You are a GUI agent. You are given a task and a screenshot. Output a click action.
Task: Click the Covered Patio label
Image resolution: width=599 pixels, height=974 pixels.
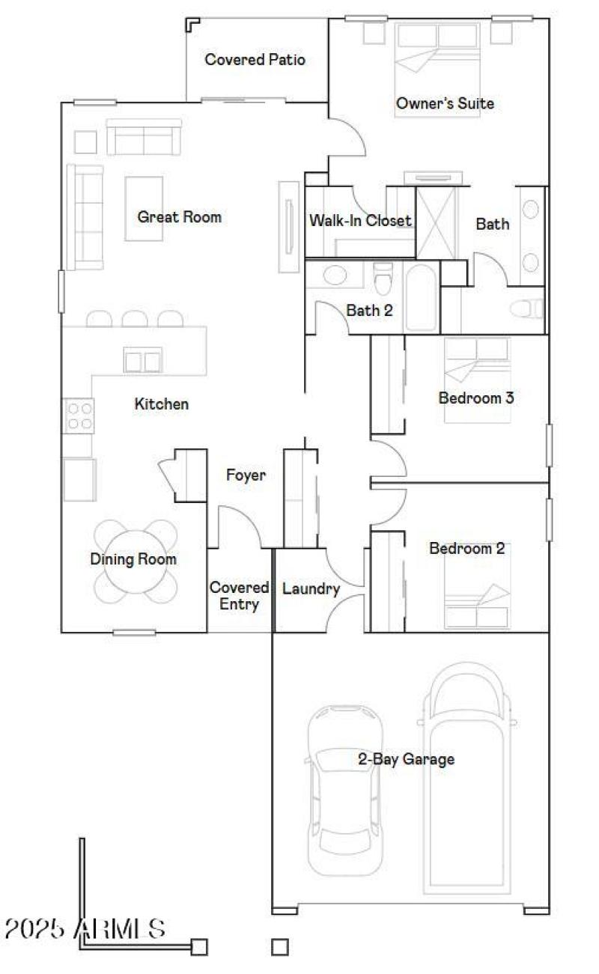[255, 60]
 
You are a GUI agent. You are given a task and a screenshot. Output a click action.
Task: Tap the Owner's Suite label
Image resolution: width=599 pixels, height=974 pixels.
[445, 103]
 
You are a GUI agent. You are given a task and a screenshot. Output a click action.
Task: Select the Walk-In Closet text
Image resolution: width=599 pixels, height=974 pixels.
[360, 220]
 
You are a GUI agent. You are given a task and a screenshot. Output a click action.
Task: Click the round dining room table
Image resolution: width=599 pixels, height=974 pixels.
[135, 561]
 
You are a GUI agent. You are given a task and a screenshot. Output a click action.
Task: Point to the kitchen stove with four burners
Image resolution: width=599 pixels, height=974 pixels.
[79, 416]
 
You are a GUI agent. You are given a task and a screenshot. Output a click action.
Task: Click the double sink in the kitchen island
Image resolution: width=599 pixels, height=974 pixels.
[142, 361]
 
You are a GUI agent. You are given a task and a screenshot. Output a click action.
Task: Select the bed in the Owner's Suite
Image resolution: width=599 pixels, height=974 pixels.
[437, 60]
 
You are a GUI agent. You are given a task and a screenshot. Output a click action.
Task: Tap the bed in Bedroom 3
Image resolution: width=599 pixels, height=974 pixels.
[476, 380]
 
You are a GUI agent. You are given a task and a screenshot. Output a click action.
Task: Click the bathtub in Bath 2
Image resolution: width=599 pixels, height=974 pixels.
[420, 297]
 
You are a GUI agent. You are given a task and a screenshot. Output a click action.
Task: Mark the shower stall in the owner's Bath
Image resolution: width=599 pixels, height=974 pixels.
[437, 222]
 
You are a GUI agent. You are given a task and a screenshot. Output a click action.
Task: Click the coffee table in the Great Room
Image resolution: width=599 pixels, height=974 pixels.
[144, 208]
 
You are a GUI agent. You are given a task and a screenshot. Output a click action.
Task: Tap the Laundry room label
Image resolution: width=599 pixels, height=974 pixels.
[311, 589]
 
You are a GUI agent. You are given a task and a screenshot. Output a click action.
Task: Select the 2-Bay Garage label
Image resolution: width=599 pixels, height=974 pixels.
[406, 759]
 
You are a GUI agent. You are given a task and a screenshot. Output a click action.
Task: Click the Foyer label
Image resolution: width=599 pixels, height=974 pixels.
[246, 475]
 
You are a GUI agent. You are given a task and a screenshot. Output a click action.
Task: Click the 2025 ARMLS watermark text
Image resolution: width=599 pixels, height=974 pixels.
[85, 928]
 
